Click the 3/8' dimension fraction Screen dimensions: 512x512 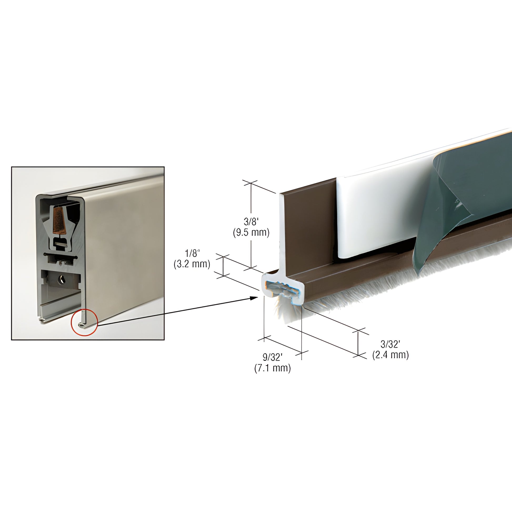coord(251,221)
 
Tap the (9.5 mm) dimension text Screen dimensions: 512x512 coord(251,233)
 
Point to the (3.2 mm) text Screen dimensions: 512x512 coord(192,264)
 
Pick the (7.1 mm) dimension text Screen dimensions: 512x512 coord(272,368)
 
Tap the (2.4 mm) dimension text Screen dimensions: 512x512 coord(390,355)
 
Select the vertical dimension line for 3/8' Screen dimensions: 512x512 coord(251,202)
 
